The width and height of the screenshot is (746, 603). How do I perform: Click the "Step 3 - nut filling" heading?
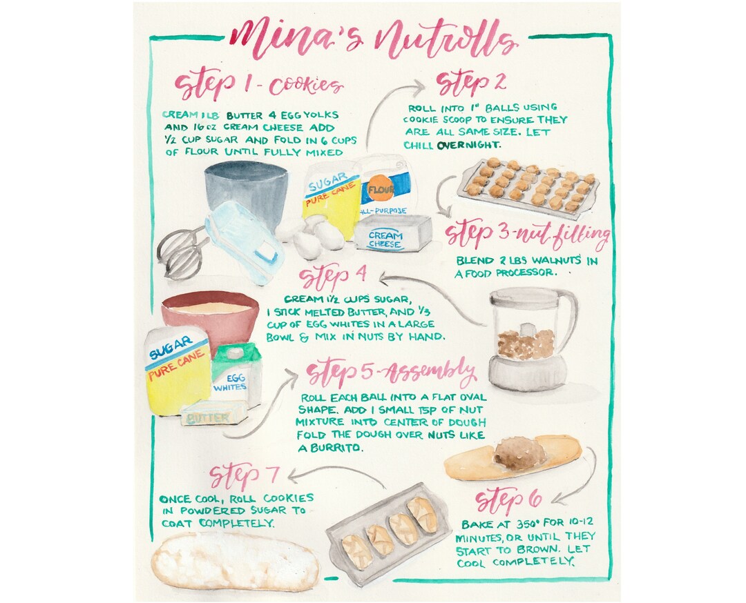coord(528,235)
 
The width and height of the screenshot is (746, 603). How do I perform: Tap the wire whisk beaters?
coord(181,253)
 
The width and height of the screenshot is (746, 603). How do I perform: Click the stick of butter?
coord(213,414)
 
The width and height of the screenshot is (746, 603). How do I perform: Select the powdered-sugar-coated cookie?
coord(235,560)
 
